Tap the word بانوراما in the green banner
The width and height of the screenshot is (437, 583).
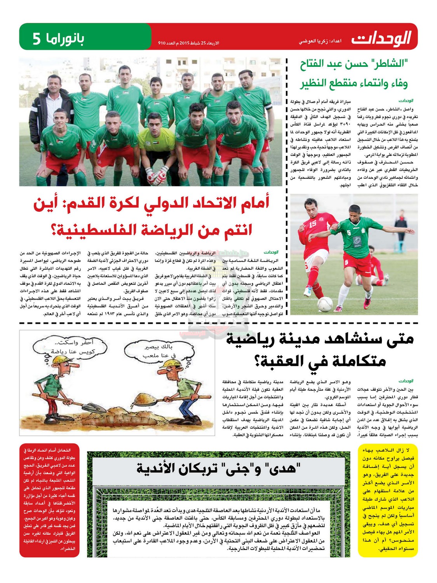[65, 38]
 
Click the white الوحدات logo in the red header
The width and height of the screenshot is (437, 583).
[381, 38]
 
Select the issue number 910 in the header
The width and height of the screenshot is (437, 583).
[162, 43]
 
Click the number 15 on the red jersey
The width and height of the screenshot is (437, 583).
[313, 224]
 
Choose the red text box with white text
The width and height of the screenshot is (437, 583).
[49, 499]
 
